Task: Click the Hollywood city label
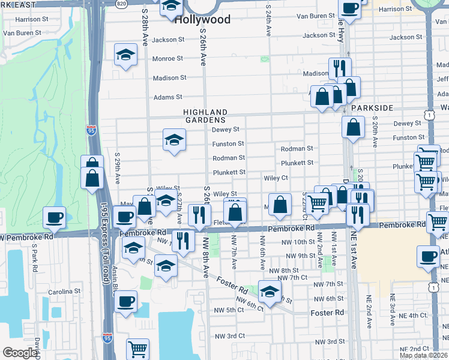click(202, 20)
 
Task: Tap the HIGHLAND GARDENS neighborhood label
click(205, 116)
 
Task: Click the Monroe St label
click(167, 59)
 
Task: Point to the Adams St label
click(167, 97)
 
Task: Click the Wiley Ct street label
click(276, 178)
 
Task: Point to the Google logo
click(20, 353)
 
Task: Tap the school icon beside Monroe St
click(125, 56)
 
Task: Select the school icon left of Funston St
click(174, 140)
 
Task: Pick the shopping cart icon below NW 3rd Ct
click(138, 348)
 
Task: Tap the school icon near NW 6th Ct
click(270, 291)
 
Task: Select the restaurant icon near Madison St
click(340, 67)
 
